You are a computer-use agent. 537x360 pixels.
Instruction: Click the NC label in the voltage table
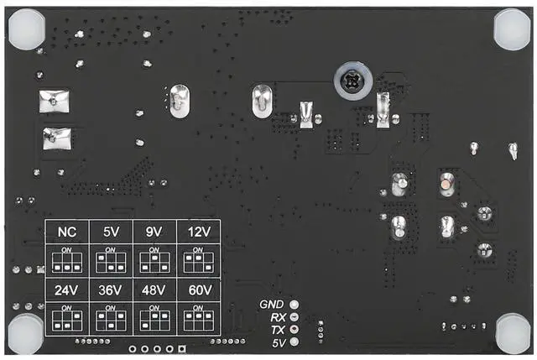(x=66, y=232)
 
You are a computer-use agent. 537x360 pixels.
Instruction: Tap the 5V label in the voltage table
(x=111, y=232)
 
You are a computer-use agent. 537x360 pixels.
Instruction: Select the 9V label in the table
(x=154, y=232)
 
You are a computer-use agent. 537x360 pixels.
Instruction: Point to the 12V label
(x=198, y=232)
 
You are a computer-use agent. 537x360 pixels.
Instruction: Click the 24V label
(x=66, y=291)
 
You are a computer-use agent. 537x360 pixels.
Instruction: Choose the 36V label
(x=111, y=291)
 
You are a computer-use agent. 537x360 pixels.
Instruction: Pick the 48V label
(x=154, y=291)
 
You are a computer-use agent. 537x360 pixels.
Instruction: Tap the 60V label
(x=198, y=291)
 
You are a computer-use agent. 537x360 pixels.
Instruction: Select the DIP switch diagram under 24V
(x=66, y=321)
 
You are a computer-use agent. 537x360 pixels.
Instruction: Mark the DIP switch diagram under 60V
(x=198, y=321)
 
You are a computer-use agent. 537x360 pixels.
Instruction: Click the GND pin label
(x=273, y=305)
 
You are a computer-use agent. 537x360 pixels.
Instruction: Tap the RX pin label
(x=278, y=317)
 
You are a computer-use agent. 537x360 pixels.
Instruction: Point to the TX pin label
(x=278, y=330)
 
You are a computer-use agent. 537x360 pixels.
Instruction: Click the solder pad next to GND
(x=294, y=305)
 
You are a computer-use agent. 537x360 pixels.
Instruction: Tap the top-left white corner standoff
(x=27, y=28)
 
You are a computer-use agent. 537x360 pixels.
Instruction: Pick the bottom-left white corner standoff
(x=25, y=333)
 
